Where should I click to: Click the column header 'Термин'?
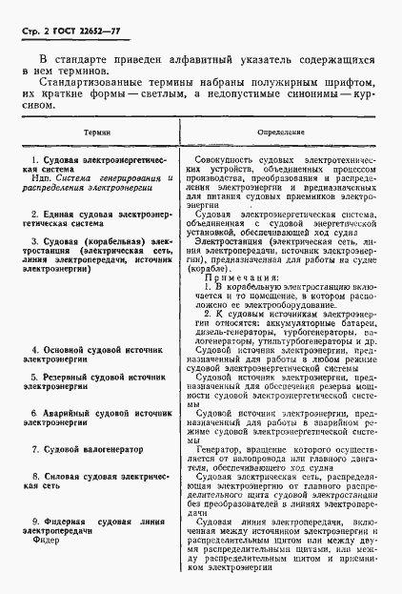tap(96, 133)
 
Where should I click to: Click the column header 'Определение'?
tap(280, 133)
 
